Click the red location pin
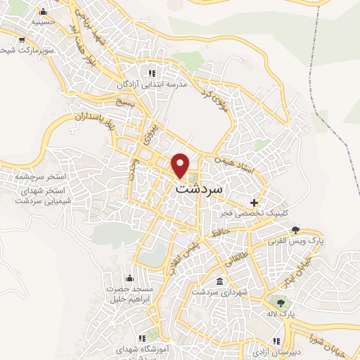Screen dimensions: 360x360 [x=181, y=165]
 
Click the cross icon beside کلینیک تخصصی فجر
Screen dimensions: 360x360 [x=253, y=202]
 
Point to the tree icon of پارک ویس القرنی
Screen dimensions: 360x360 [x=296, y=230]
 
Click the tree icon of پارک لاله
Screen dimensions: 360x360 [x=281, y=303]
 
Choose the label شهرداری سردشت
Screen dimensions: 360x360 [x=219, y=292]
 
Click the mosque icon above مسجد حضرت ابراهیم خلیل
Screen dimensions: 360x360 [x=129, y=278]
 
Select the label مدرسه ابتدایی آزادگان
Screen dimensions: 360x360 [x=174, y=84]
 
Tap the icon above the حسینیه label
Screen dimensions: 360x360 [x=44, y=12]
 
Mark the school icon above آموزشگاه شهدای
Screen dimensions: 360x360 [x=143, y=338]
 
